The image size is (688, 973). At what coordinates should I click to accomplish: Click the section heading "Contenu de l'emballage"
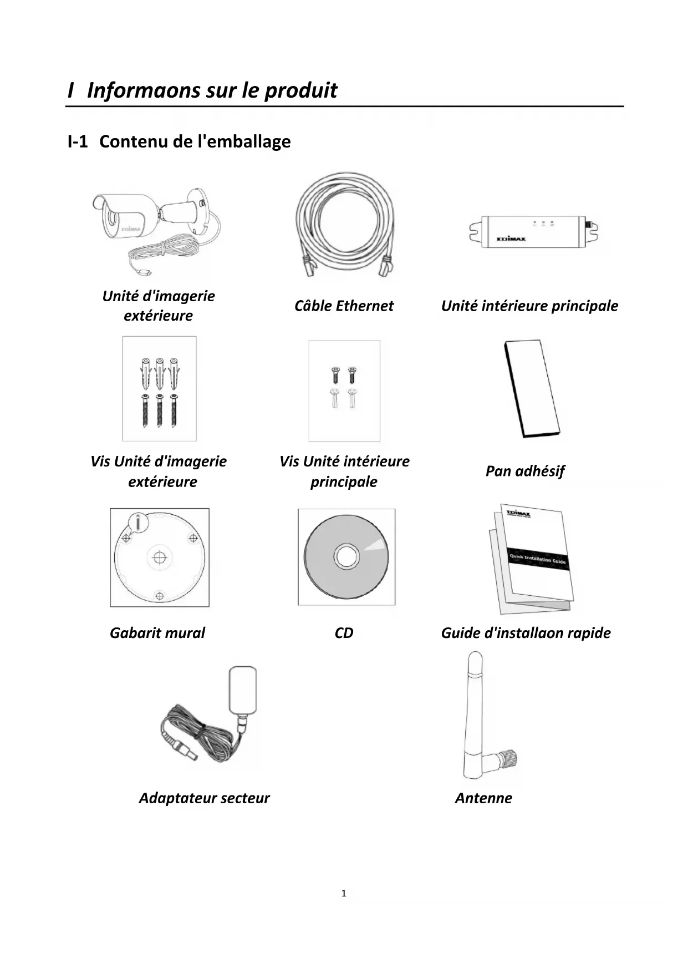click(195, 141)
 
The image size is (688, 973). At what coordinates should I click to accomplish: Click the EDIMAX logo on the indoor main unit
click(511, 239)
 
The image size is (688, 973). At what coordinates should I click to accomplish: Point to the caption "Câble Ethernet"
click(344, 306)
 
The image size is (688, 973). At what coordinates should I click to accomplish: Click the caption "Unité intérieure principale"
click(529, 306)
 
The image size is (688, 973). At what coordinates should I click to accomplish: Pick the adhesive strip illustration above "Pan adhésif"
click(531, 388)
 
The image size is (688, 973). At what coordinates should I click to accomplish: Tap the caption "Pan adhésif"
click(524, 471)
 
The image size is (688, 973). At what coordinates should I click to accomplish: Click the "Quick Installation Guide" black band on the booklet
click(537, 559)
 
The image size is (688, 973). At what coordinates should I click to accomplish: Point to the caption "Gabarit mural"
click(157, 633)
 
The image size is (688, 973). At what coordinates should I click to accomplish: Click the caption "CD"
click(344, 633)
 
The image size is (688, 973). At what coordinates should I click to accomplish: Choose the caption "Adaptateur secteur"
click(204, 798)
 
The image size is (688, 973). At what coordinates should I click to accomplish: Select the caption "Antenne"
click(483, 798)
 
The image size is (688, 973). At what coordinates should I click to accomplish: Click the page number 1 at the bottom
click(344, 893)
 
